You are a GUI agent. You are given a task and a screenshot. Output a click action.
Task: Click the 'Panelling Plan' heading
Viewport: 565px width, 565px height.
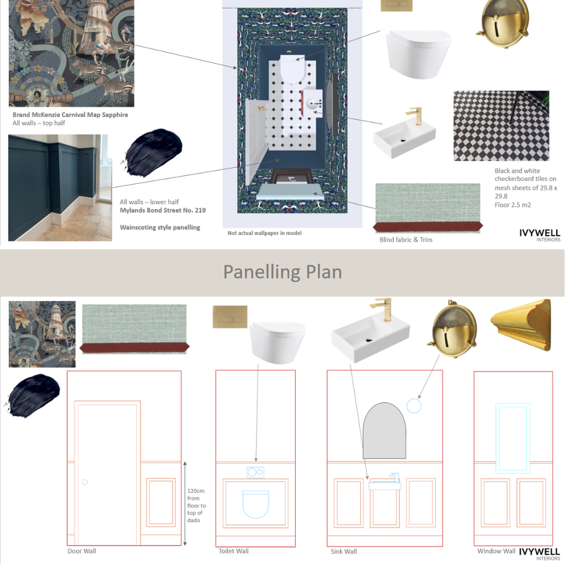pos(282,272)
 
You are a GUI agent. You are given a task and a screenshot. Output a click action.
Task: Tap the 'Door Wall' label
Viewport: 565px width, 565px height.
pos(82,551)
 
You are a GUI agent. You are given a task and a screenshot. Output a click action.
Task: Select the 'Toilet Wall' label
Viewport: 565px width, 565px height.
pos(233,551)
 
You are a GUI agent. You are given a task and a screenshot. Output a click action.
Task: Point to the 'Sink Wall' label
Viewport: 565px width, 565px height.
pos(344,551)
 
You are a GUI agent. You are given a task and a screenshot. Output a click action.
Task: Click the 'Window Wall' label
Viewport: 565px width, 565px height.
pos(497,551)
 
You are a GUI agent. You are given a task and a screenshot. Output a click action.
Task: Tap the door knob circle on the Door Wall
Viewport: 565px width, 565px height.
pos(84,482)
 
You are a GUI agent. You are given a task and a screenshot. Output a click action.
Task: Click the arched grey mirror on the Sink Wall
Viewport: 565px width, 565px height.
pos(385,430)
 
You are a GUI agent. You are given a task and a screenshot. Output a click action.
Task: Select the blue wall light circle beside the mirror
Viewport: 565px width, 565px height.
pos(414,406)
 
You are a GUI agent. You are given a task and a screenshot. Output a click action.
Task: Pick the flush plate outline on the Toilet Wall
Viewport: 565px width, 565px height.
pos(255,473)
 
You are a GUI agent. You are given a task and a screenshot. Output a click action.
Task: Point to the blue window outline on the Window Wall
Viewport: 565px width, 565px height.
pos(513,439)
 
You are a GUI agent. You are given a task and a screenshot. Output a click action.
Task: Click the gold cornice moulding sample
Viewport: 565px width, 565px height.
pos(521,326)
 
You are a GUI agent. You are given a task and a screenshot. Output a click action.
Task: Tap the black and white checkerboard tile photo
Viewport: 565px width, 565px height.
pos(501,126)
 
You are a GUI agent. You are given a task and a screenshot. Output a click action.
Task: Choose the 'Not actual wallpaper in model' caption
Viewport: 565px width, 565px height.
pos(265,233)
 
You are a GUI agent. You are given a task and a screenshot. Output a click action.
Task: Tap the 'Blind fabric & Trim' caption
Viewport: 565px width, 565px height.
pos(406,240)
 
